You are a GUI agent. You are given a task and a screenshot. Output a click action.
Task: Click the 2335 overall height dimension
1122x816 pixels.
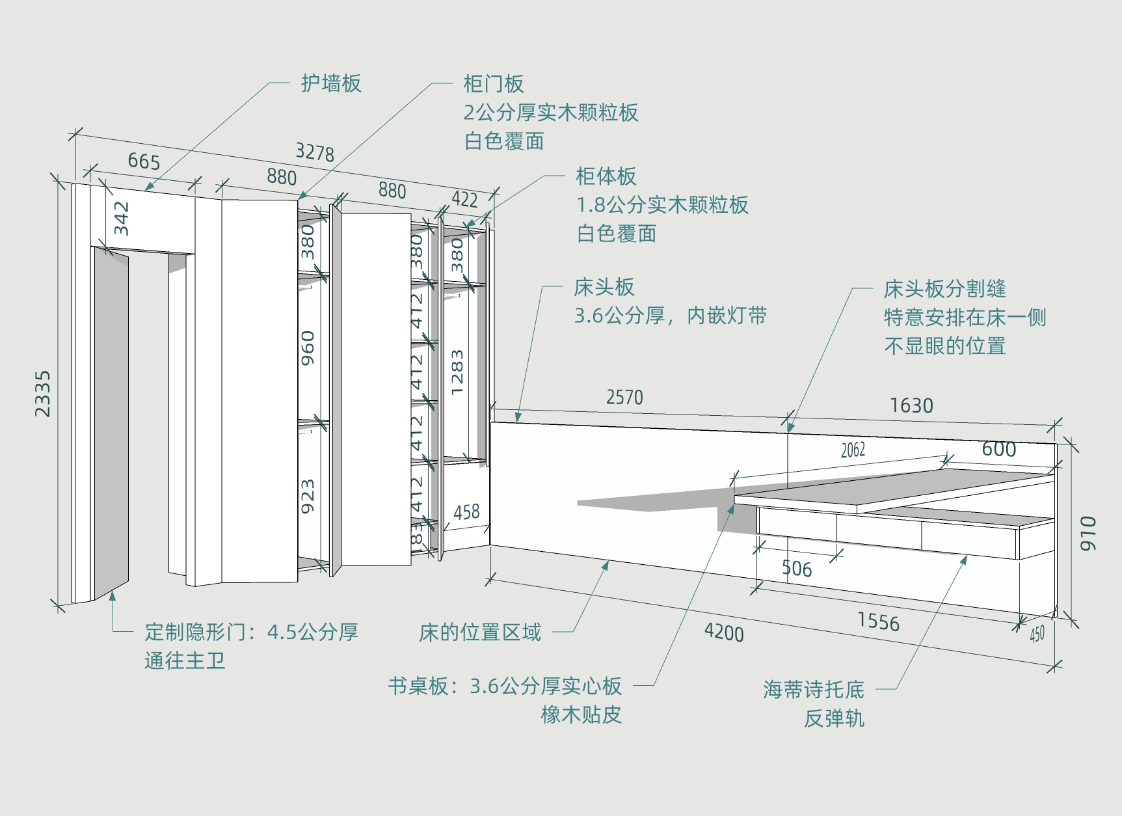pyautogui.click(x=42, y=394)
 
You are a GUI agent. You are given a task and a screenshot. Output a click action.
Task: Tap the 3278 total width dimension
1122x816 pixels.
pyautogui.click(x=315, y=152)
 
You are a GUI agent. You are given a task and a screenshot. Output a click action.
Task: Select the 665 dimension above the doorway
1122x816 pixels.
pyautogui.click(x=144, y=161)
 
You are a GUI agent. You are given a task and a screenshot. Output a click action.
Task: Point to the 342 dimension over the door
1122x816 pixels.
pyautogui.click(x=122, y=218)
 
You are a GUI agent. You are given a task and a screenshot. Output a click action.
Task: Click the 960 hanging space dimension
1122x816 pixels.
pyautogui.click(x=308, y=347)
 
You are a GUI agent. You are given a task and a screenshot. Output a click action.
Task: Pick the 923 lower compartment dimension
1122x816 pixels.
pyautogui.click(x=308, y=496)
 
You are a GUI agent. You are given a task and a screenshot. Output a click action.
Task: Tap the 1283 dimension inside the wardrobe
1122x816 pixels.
pyautogui.click(x=457, y=372)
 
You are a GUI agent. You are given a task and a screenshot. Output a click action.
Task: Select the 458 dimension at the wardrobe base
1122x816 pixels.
pyautogui.click(x=466, y=512)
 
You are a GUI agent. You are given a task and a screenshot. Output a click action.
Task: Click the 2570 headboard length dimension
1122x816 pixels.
pyautogui.click(x=624, y=397)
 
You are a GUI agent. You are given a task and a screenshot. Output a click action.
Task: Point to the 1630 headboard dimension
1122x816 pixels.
pyautogui.click(x=911, y=406)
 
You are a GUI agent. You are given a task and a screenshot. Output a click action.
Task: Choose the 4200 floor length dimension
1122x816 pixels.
pyautogui.click(x=724, y=632)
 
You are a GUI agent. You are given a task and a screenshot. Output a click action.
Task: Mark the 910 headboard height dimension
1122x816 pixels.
pyautogui.click(x=1088, y=534)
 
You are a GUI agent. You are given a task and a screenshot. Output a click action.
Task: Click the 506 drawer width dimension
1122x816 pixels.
pyautogui.click(x=797, y=569)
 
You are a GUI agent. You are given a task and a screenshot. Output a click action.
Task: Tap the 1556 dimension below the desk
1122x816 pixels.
pyautogui.click(x=878, y=621)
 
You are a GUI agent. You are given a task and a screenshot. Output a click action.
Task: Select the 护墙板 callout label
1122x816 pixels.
pyautogui.click(x=330, y=83)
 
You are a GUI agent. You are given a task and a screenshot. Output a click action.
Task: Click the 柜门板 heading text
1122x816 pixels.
pyautogui.click(x=493, y=84)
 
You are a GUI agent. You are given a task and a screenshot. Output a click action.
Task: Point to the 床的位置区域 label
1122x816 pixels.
pyautogui.click(x=479, y=632)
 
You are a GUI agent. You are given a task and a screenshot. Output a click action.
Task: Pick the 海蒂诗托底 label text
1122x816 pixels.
pyautogui.click(x=814, y=689)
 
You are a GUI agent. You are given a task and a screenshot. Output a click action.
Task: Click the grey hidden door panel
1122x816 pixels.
pyautogui.click(x=111, y=423)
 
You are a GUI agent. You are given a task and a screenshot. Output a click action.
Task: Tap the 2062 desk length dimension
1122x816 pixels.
pyautogui.click(x=853, y=450)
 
